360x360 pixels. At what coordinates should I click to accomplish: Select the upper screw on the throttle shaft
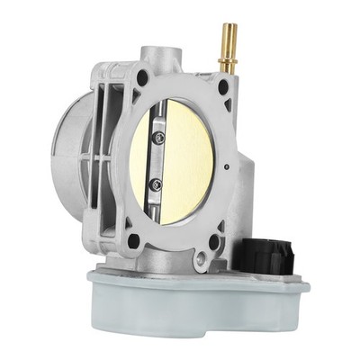pos(159,138)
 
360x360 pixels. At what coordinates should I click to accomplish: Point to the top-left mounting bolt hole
pos(142,78)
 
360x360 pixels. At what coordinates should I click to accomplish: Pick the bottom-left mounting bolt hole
pos(133,240)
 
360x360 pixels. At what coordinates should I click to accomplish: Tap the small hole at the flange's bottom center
pos(199,264)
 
